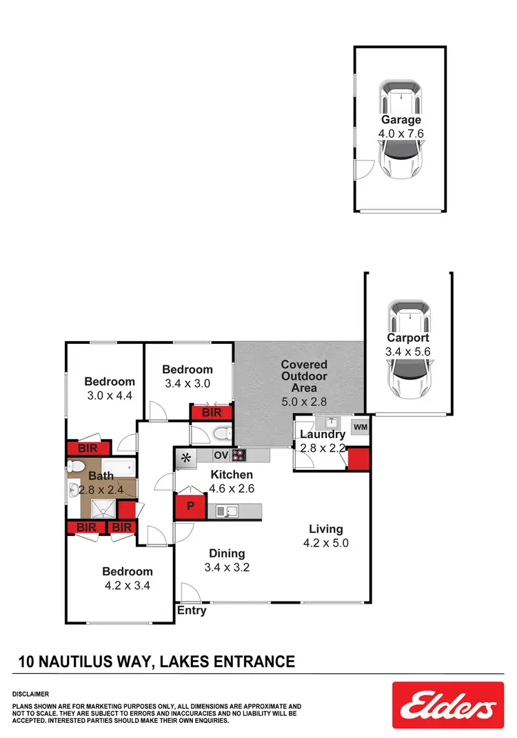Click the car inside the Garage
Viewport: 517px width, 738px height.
coord(401,131)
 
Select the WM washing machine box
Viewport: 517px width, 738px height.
coord(359,427)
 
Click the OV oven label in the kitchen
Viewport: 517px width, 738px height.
coord(221,455)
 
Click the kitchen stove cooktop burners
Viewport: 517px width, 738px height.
coord(239,455)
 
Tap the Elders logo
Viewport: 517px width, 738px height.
coord(444,705)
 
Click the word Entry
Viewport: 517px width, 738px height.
coord(192,611)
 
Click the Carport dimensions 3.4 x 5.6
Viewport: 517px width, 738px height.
coord(407,351)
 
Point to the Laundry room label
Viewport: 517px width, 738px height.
coord(322,435)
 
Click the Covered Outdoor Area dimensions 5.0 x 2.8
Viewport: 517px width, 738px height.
coord(304,401)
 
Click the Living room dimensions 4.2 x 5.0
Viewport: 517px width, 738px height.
coord(325,542)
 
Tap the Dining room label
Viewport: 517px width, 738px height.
coord(227,553)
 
